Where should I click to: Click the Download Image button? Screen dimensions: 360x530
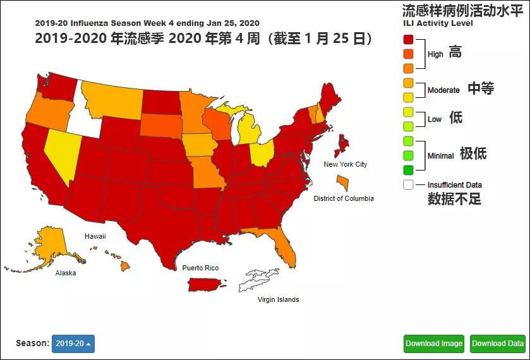(x=434, y=344)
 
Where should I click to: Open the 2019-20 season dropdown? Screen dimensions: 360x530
(x=73, y=344)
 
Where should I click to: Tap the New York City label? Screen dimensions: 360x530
(x=345, y=165)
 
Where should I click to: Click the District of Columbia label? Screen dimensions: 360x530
(x=344, y=198)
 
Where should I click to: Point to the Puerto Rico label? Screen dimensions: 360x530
(x=200, y=268)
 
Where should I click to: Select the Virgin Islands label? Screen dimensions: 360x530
(x=278, y=299)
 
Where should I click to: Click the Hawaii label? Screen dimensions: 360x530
(x=95, y=236)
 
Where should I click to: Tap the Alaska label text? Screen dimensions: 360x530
(x=66, y=273)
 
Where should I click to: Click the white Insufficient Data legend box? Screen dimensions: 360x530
(x=409, y=185)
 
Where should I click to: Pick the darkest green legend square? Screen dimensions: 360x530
(x=409, y=169)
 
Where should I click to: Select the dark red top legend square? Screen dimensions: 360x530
(x=409, y=39)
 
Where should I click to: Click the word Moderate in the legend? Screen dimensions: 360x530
(x=443, y=90)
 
